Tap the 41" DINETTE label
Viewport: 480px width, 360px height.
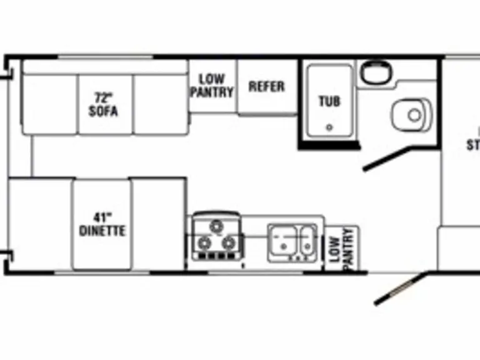(102, 224)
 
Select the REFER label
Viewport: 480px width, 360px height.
(267, 86)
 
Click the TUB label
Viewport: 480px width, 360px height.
(329, 101)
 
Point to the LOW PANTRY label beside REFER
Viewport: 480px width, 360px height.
(212, 86)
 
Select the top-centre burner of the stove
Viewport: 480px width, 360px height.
(217, 225)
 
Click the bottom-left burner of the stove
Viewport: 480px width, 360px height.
(204, 242)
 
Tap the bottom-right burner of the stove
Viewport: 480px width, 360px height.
(229, 242)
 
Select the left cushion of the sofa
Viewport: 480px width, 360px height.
(49, 104)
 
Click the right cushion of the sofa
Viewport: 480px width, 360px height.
(161, 104)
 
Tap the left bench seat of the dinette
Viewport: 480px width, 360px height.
(40, 224)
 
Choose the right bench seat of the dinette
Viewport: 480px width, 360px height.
(158, 224)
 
